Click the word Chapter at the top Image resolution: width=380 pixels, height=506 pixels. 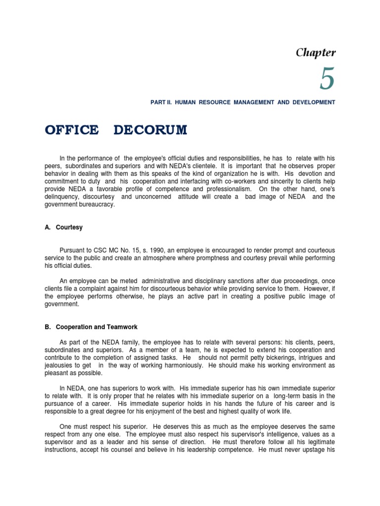(316, 52)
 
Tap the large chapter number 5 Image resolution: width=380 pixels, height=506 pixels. (327, 79)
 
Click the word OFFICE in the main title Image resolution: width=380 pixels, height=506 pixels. (72, 130)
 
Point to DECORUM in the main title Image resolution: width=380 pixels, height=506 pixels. (150, 130)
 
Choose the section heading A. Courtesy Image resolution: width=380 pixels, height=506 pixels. (64, 227)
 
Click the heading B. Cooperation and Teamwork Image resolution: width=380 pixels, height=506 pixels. (91, 327)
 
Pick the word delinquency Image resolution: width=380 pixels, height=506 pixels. (63, 197)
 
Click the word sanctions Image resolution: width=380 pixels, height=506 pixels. (240, 281)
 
